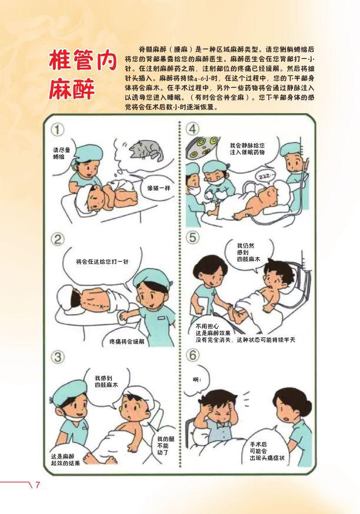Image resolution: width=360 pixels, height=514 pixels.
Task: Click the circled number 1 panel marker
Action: coord(57,130)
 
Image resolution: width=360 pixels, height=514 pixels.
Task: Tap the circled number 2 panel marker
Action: coord(57,239)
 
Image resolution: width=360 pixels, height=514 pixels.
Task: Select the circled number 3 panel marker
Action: coord(58,357)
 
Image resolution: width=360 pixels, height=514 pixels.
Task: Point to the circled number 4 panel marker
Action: coord(192,129)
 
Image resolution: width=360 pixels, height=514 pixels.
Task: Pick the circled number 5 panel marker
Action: coord(192,237)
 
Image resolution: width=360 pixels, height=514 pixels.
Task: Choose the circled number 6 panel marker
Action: coord(192,355)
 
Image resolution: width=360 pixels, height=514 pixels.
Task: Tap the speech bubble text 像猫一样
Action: coord(159,188)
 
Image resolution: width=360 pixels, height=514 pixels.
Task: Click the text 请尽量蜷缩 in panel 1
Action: coord(62,154)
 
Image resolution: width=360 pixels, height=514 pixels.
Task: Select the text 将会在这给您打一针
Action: coord(102,261)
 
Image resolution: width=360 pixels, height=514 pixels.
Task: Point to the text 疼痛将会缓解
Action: coord(127,341)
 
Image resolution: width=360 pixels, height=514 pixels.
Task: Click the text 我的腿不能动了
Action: coord(166,446)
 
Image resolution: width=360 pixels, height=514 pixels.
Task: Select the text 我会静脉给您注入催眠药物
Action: coord(247,149)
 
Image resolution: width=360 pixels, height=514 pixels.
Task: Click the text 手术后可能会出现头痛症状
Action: coord(267,451)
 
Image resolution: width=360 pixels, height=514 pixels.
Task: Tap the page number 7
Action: coord(37,485)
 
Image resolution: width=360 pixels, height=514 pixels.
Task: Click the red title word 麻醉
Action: coord(72,88)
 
